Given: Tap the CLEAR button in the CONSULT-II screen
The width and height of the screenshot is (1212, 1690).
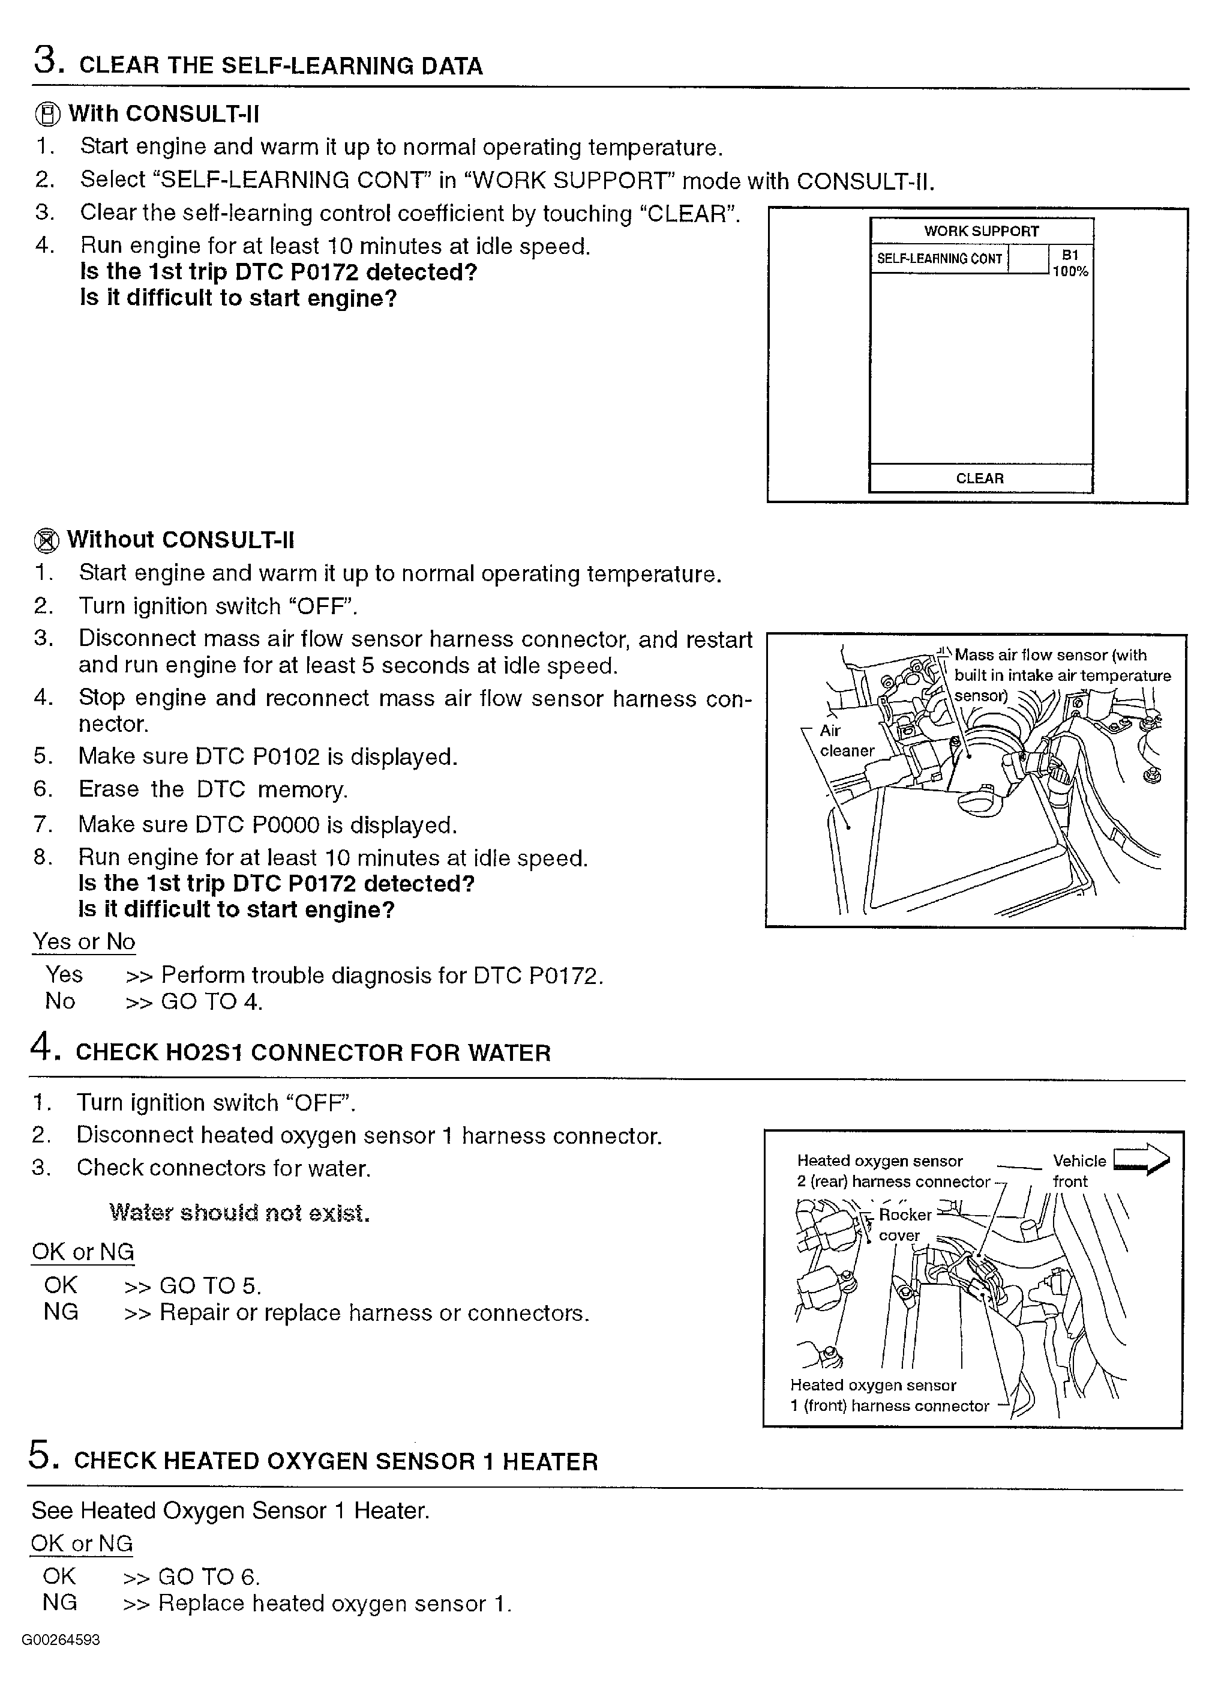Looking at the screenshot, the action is coord(980,478).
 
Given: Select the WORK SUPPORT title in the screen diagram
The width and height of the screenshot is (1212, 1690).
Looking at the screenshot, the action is coord(981,231).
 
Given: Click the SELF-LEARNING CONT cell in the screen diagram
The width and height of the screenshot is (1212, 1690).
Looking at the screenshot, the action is coord(940,259).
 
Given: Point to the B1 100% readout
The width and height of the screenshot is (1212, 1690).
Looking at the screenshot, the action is coord(1070,264).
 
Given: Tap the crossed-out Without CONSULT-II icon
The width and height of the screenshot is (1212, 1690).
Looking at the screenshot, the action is coord(46,540).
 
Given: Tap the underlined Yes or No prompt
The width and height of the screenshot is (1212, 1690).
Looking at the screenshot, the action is coord(83,942).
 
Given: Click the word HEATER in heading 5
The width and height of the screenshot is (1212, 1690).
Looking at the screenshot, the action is coord(550,1461).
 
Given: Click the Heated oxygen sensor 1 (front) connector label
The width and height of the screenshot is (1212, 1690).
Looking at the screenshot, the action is coord(889,1395).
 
